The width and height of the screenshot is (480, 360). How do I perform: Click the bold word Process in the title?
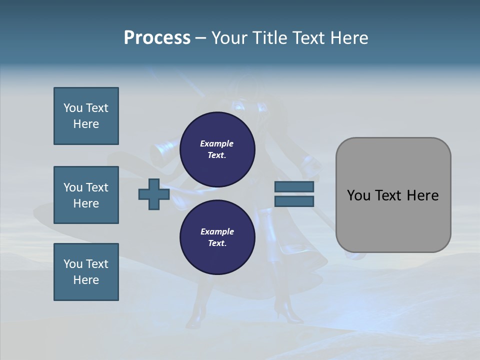click(x=157, y=38)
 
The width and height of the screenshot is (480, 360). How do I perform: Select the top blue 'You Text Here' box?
click(x=86, y=116)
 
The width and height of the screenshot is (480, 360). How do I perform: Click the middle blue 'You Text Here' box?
click(x=86, y=195)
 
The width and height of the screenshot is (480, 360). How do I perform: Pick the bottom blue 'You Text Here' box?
click(x=86, y=272)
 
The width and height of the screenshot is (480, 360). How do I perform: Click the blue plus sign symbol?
click(x=154, y=194)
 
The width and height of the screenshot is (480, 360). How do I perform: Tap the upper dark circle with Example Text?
click(x=217, y=149)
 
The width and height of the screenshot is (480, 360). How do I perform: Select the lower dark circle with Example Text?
click(x=217, y=237)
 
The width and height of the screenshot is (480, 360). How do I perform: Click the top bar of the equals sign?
click(x=294, y=186)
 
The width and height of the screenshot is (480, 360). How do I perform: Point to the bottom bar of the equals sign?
click(x=294, y=201)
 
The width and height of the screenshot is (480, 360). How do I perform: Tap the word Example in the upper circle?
click(x=217, y=143)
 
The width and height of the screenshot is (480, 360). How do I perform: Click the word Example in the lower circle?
click(x=217, y=231)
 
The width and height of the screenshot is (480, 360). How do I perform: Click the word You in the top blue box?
click(x=73, y=108)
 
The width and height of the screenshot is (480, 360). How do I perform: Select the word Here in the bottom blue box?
click(x=86, y=280)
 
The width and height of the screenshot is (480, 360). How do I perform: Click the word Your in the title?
click(x=229, y=38)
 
